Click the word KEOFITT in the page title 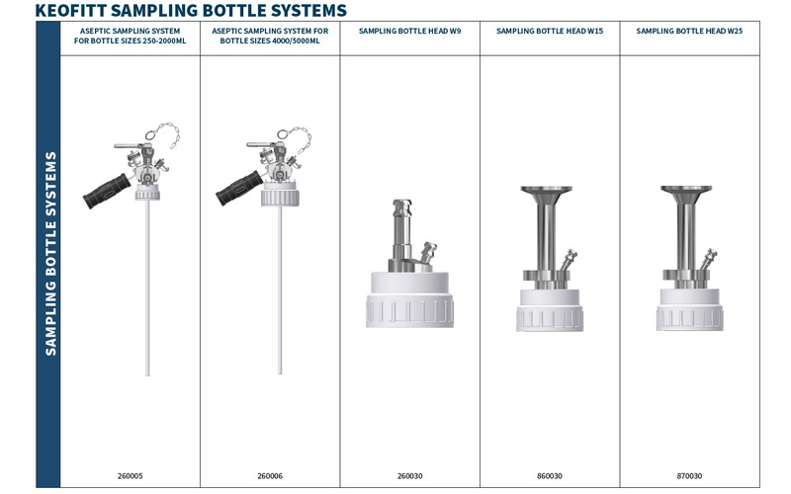coord(70,10)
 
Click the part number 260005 coord(131,476)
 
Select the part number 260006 coord(270,476)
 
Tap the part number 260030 coord(409,476)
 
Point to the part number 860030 coord(550,476)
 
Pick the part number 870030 coord(689,476)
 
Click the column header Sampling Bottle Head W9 coord(409,31)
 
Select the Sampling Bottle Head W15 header coord(550,31)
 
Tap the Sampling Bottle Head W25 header coord(689,31)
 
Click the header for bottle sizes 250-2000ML coord(131,36)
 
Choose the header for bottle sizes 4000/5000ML coord(270,36)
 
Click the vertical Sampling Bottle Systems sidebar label coord(50,254)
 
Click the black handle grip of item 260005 coord(107,191)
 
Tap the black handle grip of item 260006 coord(239,188)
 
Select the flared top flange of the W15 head coord(547,192)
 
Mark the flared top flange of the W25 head coord(686,192)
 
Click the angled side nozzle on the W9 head coord(428,252)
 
